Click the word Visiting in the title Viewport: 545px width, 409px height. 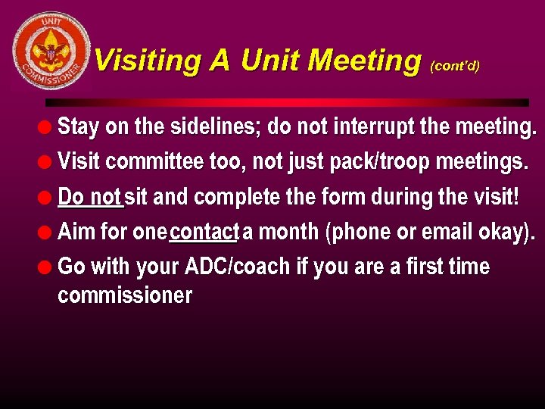(x=148, y=60)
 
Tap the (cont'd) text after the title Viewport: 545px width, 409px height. (x=454, y=66)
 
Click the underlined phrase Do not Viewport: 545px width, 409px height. (x=89, y=197)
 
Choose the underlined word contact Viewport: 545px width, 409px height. (x=204, y=232)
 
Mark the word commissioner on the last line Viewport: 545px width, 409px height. (x=125, y=295)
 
